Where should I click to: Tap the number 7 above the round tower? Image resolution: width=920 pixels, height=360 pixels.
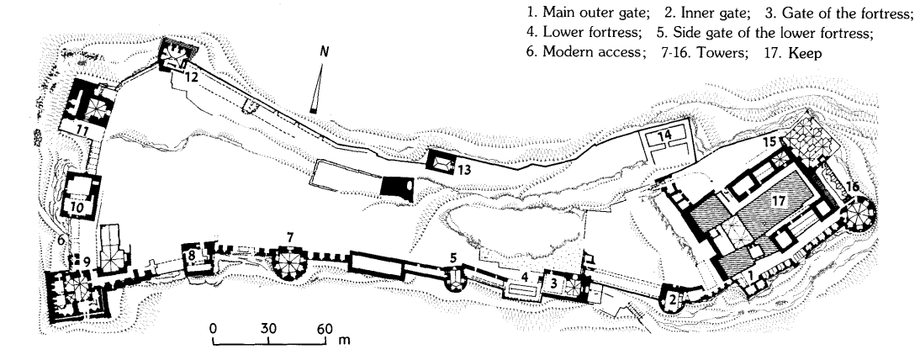290,239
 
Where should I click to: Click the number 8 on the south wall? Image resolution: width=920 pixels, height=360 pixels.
192,254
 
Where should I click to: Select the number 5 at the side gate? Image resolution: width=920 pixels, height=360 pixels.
453,257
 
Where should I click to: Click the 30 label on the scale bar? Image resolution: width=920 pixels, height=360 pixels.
268,328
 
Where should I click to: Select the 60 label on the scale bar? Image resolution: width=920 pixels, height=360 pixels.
325,328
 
